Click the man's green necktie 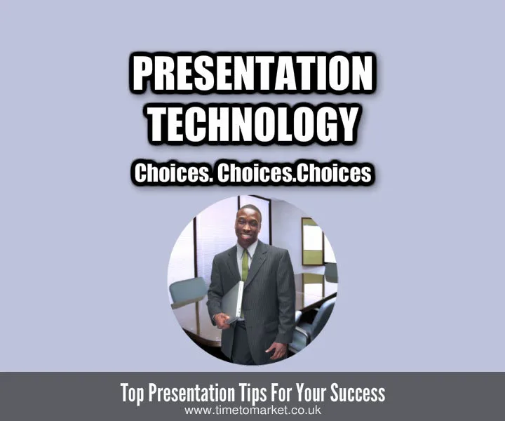pos(245,265)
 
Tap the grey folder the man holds pos(232,299)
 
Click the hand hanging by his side pos(278,349)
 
